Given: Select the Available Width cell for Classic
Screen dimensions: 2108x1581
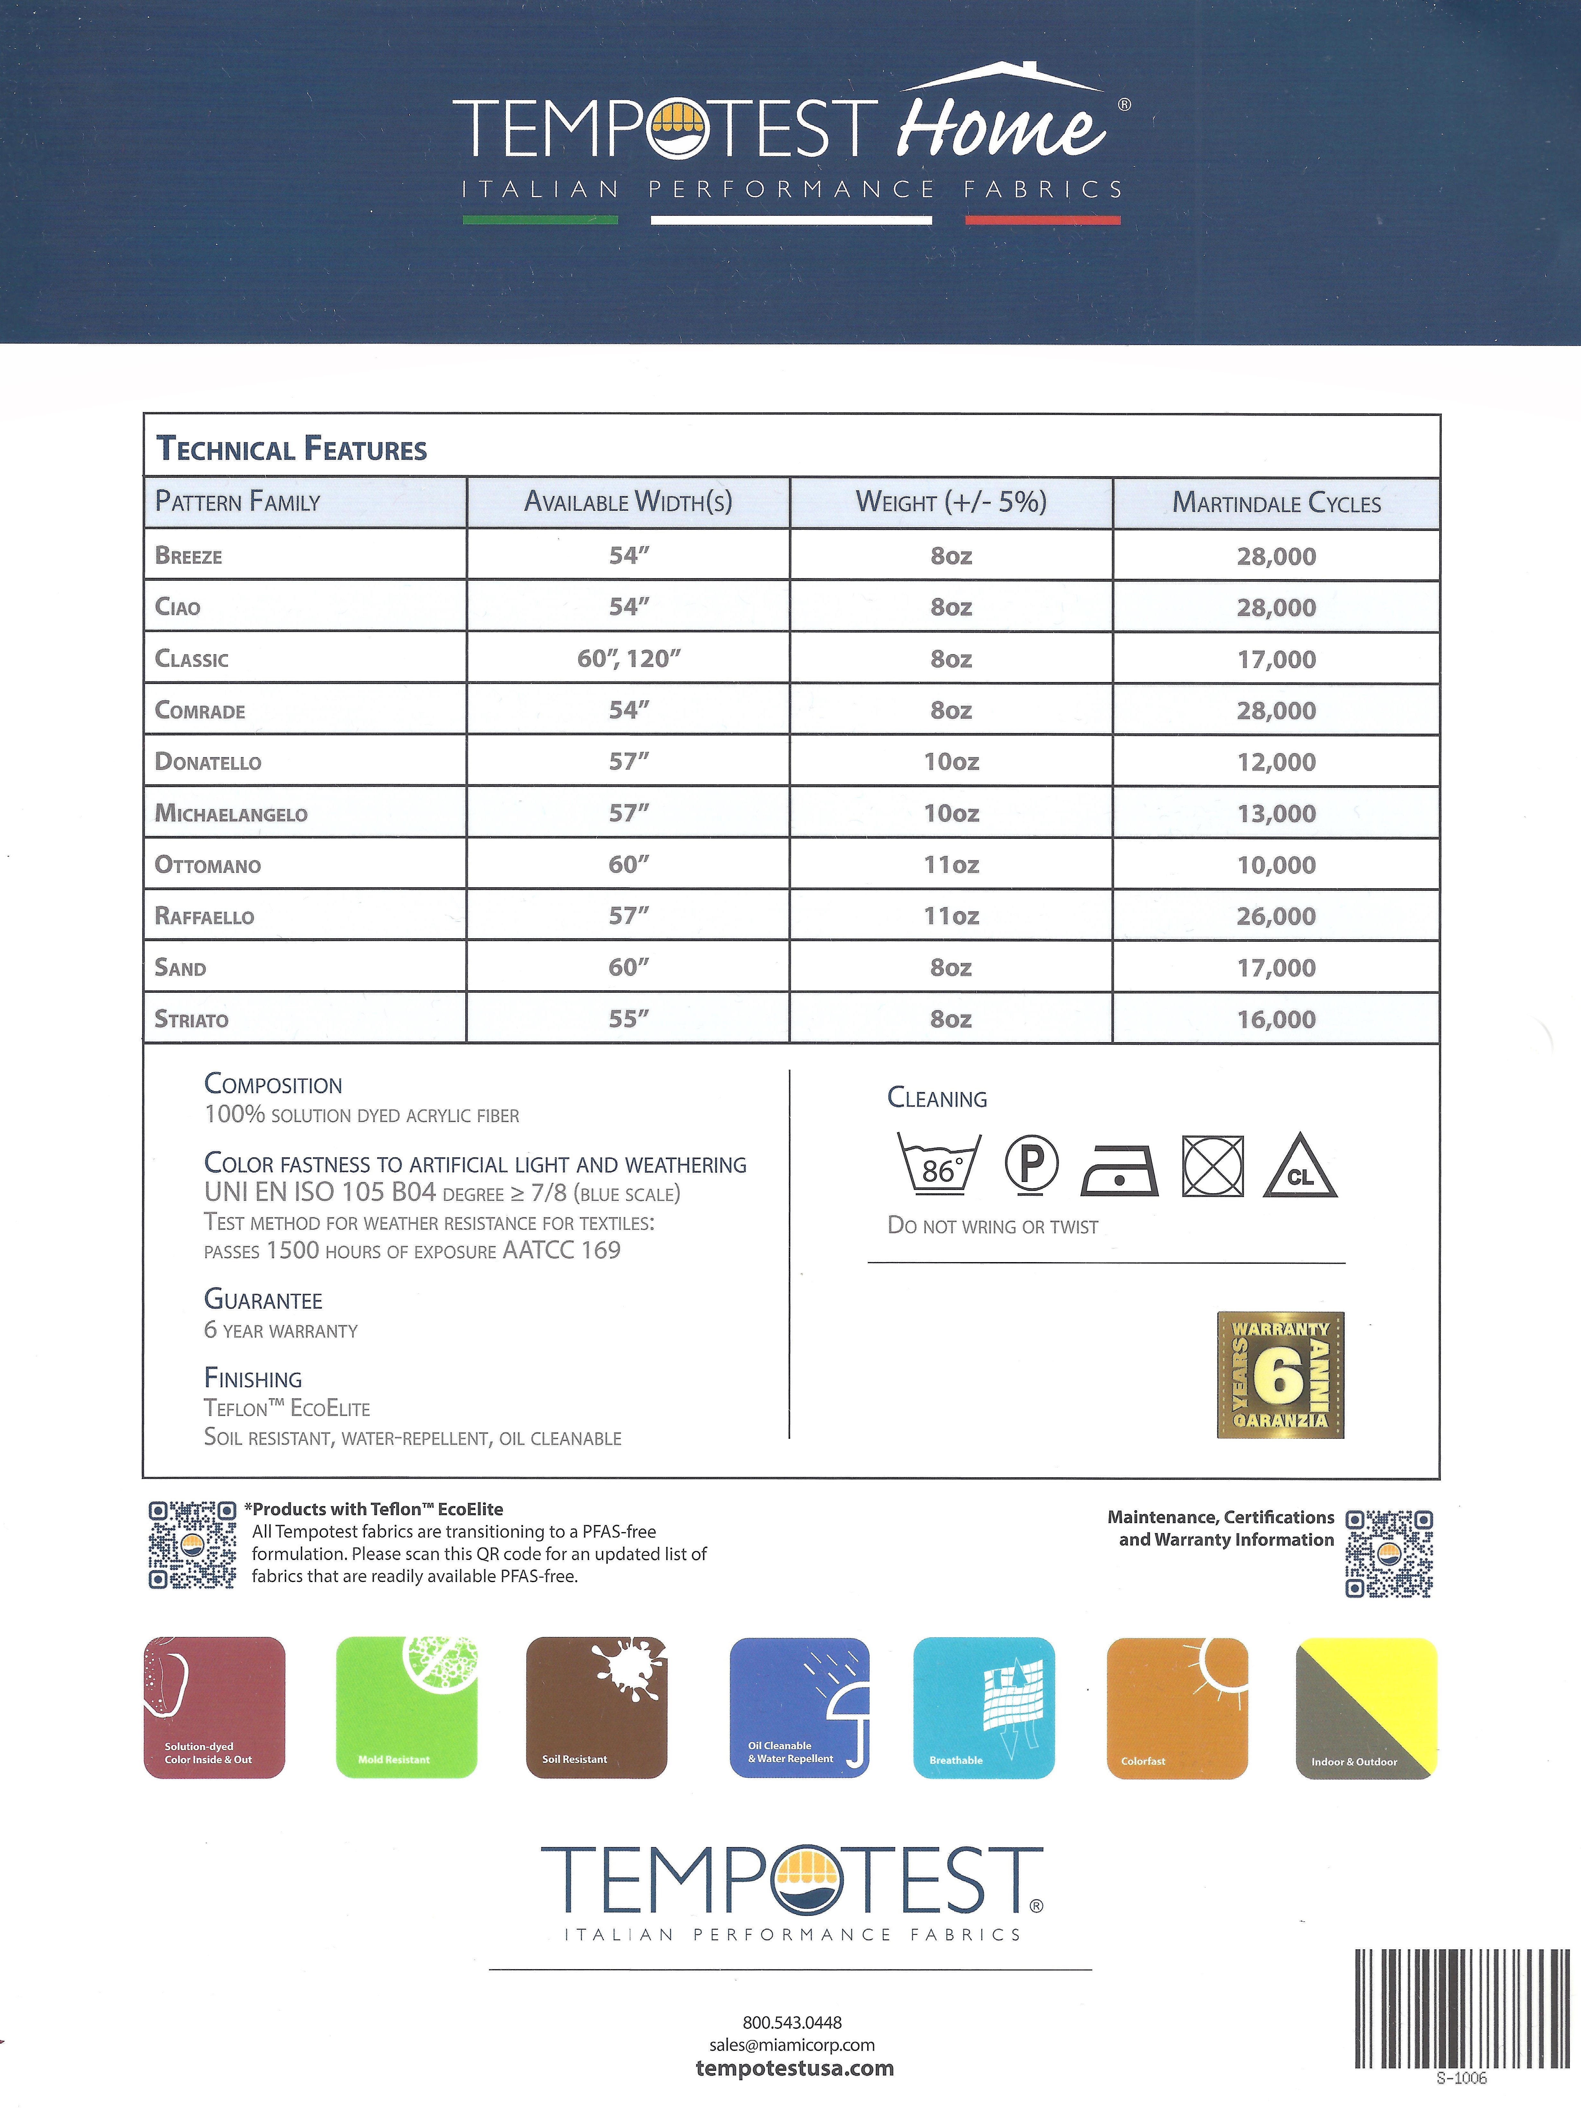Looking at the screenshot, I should coord(629,659).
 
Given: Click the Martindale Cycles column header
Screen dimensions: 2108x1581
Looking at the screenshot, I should coord(1276,502).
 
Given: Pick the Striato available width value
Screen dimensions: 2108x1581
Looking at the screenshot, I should coord(629,1019).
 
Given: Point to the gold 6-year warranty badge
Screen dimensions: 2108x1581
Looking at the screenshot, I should coord(1280,1374).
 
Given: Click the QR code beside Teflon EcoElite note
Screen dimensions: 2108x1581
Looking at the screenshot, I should coord(192,1544).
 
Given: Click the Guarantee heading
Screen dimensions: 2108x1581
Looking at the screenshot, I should coord(263,1300).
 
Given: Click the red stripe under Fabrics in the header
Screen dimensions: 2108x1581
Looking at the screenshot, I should coord(1043,220).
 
